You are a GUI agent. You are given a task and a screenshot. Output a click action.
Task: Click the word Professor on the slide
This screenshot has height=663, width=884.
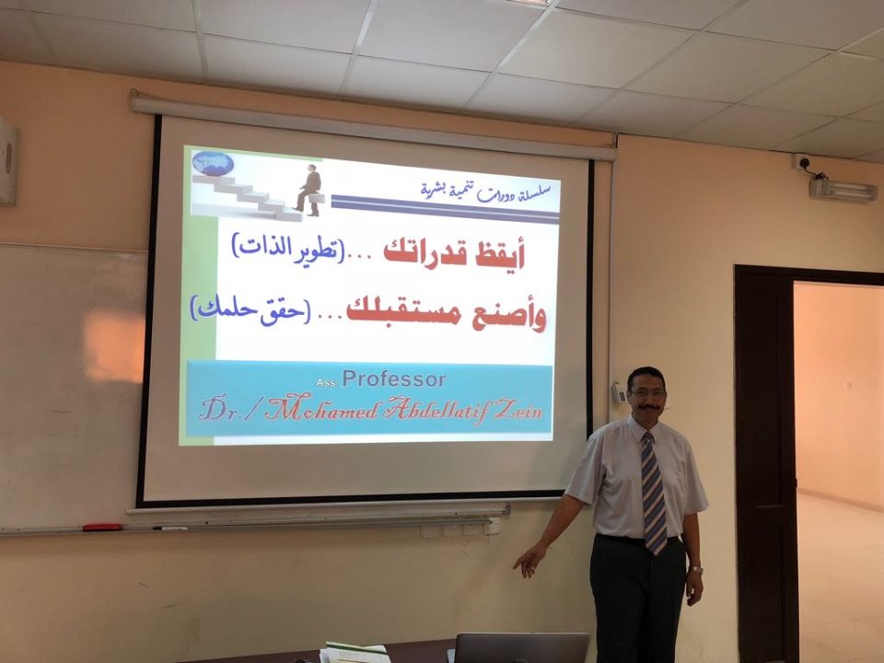point(393,379)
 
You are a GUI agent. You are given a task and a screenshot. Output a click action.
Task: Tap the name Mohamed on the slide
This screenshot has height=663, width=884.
point(321,409)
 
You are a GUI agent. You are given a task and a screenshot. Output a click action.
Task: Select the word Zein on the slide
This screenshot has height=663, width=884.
point(518,410)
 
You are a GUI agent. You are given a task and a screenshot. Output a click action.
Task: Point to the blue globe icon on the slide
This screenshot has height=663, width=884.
point(213,163)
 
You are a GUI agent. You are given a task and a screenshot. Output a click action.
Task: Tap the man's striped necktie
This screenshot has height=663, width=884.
point(653,492)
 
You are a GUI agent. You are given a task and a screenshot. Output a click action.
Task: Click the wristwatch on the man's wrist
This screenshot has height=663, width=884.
point(696,570)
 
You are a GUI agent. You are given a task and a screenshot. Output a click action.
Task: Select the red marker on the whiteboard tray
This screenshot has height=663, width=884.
point(102,528)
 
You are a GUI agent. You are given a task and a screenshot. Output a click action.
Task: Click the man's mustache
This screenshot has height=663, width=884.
point(647,406)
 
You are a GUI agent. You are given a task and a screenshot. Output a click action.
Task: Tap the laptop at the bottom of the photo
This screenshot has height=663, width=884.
point(521,647)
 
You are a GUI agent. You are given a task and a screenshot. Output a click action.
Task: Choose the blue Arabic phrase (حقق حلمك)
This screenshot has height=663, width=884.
point(250,310)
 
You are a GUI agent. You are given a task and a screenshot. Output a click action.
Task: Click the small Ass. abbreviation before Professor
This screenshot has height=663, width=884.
point(326,383)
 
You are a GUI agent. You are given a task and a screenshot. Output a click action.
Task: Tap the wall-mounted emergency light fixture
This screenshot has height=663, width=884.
point(843,190)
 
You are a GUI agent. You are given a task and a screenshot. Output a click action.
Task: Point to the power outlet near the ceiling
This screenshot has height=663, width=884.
point(800,162)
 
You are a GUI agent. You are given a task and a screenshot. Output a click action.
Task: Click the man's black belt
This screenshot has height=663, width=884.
point(637,540)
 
